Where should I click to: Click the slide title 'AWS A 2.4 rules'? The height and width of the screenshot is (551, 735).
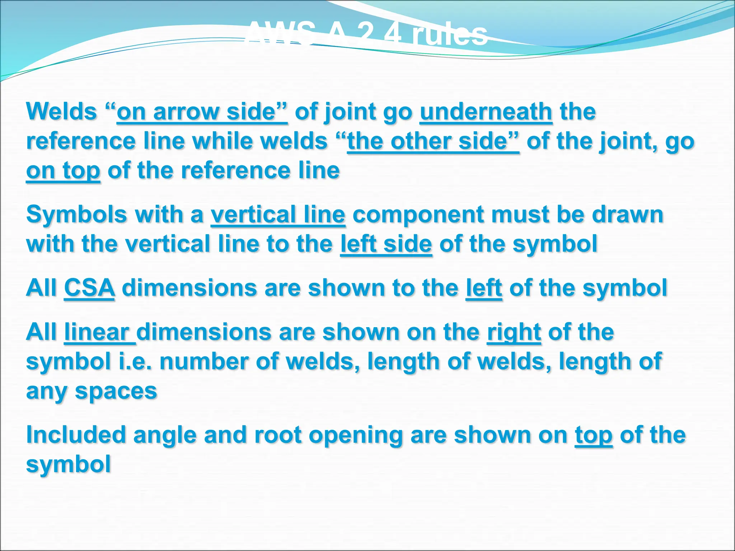point(367,34)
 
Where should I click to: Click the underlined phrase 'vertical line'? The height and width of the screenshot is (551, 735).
point(278,215)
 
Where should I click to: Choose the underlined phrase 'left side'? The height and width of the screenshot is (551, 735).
point(386,244)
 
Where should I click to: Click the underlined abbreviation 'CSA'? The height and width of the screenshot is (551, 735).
point(90,288)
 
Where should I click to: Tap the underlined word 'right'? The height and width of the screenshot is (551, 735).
point(514,332)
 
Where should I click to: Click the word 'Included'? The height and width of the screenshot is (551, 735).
point(76,435)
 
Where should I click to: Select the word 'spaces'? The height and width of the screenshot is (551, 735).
point(116,391)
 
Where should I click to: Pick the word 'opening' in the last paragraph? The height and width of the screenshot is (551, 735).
point(356,435)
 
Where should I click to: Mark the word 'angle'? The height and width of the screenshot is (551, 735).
point(165,435)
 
